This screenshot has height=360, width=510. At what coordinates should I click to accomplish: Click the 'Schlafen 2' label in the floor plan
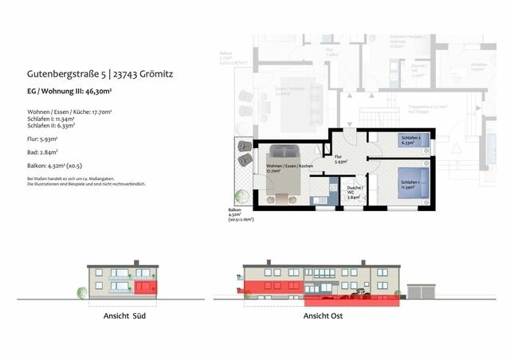[x=410, y=139]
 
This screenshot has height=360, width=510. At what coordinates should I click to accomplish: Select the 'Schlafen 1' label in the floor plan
[x=410, y=184]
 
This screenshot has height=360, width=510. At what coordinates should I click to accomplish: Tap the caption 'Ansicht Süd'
[x=124, y=316]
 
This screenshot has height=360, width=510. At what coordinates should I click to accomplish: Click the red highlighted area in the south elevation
[x=147, y=287]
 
